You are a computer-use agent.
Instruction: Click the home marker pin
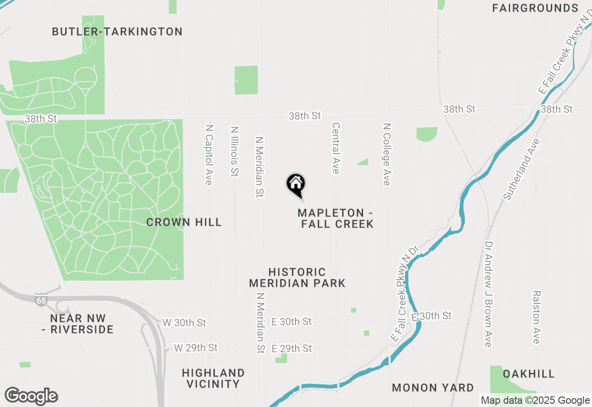click(x=296, y=185)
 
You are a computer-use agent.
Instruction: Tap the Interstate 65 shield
click(x=41, y=300)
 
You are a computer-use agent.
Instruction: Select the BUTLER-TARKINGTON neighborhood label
click(x=117, y=32)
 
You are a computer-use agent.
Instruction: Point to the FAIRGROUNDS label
click(x=535, y=8)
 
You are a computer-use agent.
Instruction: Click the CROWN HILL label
click(x=184, y=222)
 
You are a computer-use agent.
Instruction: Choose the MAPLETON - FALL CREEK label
click(x=336, y=218)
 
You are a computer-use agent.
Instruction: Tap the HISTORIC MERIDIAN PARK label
click(x=297, y=277)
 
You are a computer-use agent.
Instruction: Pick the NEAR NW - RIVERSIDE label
click(x=81, y=324)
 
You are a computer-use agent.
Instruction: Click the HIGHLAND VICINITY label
click(x=213, y=378)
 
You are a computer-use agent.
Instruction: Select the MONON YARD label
click(x=433, y=388)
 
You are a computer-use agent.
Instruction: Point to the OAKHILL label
click(x=529, y=374)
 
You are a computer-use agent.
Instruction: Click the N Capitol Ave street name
click(x=209, y=154)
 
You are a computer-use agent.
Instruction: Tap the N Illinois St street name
click(x=234, y=151)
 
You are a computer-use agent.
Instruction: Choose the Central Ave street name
click(x=336, y=148)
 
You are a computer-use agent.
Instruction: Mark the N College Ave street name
click(x=387, y=154)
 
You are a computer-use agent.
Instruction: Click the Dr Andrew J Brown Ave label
click(x=488, y=294)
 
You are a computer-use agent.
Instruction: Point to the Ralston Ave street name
click(x=536, y=317)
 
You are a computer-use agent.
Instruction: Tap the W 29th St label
click(x=196, y=347)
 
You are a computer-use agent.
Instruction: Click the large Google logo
click(x=31, y=396)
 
